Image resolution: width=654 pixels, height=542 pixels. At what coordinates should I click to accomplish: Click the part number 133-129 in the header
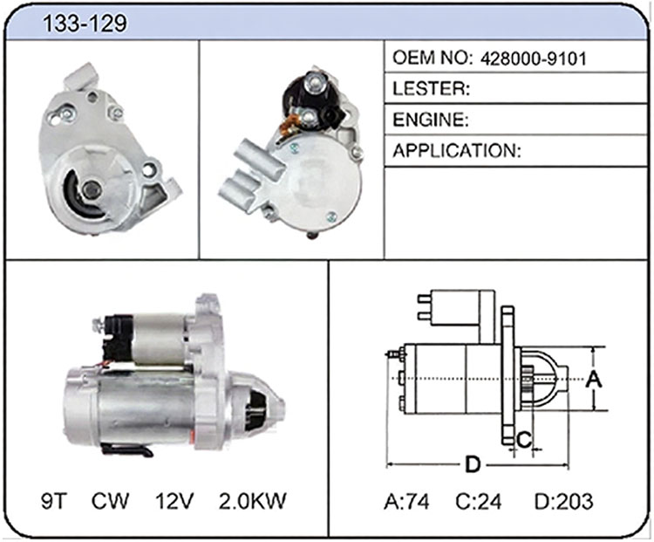(85, 23)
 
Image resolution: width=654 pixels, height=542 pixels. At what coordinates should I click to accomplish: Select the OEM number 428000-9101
(534, 58)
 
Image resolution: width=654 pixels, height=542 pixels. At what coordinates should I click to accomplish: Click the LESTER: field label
(432, 88)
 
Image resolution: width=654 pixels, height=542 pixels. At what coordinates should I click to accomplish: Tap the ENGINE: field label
(431, 120)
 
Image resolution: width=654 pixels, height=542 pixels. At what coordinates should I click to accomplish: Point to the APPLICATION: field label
(457, 151)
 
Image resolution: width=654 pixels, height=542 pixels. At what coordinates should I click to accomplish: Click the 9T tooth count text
(54, 501)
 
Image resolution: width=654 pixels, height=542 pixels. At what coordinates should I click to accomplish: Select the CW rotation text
(110, 501)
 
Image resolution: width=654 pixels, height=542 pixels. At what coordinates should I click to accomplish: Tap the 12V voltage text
(174, 501)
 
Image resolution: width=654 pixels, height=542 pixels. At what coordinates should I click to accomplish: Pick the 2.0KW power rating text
(253, 501)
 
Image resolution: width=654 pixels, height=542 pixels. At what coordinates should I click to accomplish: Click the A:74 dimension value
(406, 502)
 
